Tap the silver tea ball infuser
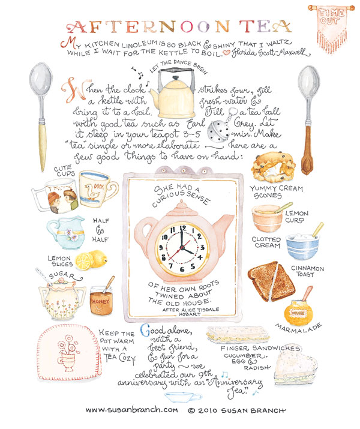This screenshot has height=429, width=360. (x=218, y=131)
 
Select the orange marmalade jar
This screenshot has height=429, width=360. (x=298, y=309)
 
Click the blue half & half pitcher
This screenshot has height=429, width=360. (x=65, y=233)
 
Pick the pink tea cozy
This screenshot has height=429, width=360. (x=69, y=352)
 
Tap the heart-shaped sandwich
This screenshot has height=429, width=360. (x=295, y=368)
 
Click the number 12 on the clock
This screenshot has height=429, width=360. (x=183, y=228)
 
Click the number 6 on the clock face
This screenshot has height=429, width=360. (x=182, y=269)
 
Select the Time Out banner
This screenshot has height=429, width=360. (x=331, y=28)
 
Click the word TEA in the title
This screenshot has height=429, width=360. (x=265, y=27)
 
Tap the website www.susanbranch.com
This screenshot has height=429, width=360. (x=131, y=410)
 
